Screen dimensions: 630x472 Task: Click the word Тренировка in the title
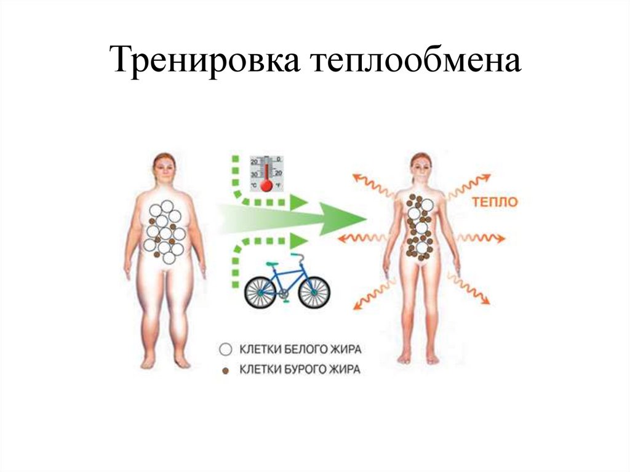[x=208, y=62]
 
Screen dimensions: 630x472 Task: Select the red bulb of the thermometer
[x=266, y=185]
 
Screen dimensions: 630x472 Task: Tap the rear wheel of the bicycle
[x=261, y=290]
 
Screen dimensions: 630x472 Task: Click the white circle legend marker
[x=226, y=350]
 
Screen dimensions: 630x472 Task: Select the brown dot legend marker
[x=226, y=370]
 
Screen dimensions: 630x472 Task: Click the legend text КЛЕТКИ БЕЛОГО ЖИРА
[x=300, y=350]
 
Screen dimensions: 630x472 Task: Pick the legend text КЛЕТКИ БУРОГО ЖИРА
[x=300, y=370]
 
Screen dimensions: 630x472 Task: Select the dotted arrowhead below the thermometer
[x=298, y=201]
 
